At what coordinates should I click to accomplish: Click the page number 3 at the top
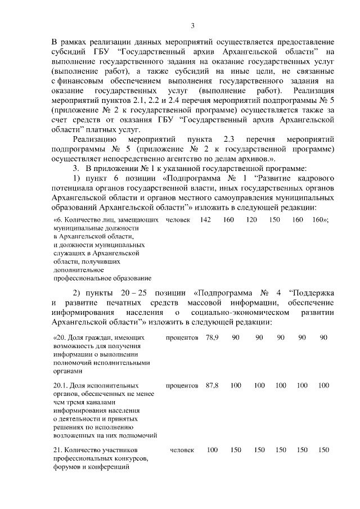pos(192,25)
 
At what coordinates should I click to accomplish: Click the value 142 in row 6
pos(206,219)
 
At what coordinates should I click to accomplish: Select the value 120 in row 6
pos(251,219)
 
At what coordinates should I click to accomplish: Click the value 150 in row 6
pos(274,219)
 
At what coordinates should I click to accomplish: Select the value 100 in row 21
pos(212,450)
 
